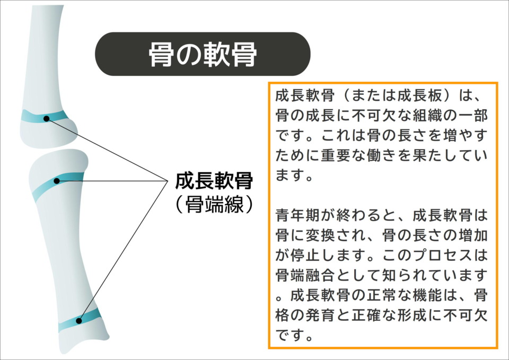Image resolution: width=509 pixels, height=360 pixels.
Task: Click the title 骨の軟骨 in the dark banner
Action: pyautogui.click(x=203, y=55)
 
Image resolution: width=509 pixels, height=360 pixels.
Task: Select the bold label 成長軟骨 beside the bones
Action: pyautogui.click(x=214, y=181)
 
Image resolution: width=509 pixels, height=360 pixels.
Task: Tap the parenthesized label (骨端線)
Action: pyautogui.click(x=214, y=204)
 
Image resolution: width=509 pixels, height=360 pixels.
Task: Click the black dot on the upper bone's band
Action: pyautogui.click(x=47, y=119)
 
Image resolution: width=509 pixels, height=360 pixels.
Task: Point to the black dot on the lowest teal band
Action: pyautogui.click(x=79, y=321)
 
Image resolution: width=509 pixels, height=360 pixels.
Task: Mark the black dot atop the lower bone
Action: pyautogui.click(x=57, y=181)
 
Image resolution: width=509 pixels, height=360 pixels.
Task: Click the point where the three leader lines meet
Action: pyautogui.click(x=167, y=181)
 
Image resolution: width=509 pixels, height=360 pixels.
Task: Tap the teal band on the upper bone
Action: pyautogui.click(x=45, y=116)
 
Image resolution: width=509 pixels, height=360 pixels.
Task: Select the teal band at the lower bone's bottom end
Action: pyautogui.click(x=80, y=320)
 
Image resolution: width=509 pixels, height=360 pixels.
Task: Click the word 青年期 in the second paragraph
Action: pyautogui.click(x=298, y=215)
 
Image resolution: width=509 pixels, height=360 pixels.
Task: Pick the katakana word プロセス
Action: pyautogui.click(x=442, y=255)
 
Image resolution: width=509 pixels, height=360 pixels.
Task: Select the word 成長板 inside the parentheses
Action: pyautogui.click(x=420, y=95)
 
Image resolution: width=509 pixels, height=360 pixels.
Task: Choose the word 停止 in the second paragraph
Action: pyautogui.click(x=305, y=255)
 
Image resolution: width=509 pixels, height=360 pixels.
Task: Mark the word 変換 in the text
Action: pyautogui.click(x=321, y=235)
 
